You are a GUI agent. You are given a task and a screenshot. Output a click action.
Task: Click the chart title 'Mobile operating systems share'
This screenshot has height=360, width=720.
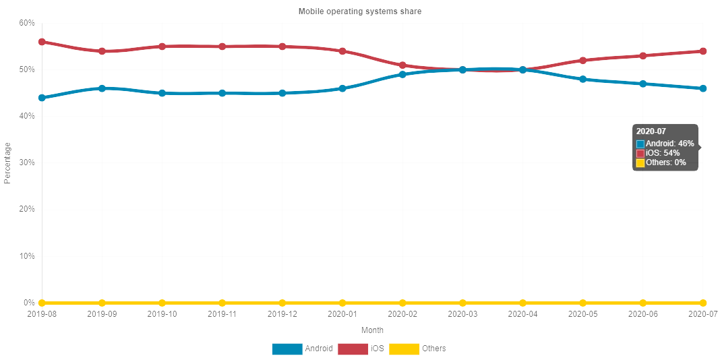tap(360, 11)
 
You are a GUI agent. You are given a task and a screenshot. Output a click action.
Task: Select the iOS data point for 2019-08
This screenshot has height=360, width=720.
tap(42, 42)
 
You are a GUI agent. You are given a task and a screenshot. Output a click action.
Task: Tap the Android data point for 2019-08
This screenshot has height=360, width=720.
tap(42, 98)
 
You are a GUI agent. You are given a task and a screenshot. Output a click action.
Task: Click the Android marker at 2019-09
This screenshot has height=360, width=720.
tap(102, 88)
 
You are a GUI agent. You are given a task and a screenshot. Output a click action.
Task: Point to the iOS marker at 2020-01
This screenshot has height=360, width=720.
tap(342, 51)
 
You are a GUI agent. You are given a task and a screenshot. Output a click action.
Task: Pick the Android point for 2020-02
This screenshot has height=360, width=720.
tap(402, 74)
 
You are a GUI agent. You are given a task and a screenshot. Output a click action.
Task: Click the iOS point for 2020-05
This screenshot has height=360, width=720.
tap(582, 61)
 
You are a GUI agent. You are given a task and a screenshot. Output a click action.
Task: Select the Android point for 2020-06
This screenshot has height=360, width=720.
tap(642, 84)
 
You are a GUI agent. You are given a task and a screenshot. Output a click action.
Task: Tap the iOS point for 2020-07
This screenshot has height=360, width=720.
tap(702, 51)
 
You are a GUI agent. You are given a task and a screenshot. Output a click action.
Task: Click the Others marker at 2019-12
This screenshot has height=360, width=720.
tap(282, 303)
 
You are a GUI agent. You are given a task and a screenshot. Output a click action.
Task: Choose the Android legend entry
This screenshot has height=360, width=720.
tap(303, 349)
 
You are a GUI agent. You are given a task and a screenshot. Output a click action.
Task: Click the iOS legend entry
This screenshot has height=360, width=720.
tap(361, 349)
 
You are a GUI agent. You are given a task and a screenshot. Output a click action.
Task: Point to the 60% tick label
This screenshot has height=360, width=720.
tap(27, 23)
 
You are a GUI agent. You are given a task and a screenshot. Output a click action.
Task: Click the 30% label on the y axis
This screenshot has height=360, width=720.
tap(27, 162)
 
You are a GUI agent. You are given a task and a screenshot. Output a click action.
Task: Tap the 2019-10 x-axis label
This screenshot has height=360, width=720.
tap(162, 313)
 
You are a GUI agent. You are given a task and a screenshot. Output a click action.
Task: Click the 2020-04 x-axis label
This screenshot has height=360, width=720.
tap(522, 313)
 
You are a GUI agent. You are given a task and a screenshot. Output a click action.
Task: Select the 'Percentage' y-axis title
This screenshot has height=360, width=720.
tap(7, 162)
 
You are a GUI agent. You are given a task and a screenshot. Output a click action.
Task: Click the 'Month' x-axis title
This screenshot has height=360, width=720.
tap(372, 330)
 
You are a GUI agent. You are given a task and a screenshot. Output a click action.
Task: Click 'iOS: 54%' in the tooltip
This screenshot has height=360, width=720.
tap(662, 153)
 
